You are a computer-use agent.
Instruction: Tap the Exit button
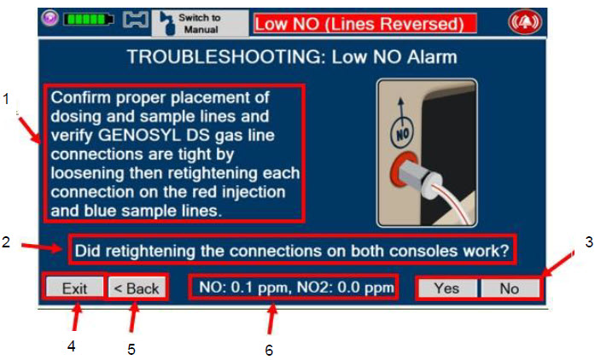point(74,288)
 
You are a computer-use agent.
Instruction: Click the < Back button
point(137,288)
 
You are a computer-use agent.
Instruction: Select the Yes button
point(447,288)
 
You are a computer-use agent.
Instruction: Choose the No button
point(510,288)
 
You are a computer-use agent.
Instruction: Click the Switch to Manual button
point(200,23)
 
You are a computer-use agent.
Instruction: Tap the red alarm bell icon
point(525,22)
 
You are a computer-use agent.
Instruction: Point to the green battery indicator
point(89,19)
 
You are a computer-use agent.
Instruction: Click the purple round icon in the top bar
point(50,18)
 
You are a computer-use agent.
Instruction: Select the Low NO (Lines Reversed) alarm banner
point(365,24)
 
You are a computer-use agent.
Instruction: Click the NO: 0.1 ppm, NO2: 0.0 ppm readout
point(296,287)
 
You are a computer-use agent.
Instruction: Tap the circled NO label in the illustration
point(402,133)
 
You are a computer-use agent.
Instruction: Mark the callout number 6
point(269,350)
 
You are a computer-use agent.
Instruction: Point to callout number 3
point(589,241)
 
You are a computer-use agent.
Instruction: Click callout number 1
point(5,99)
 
